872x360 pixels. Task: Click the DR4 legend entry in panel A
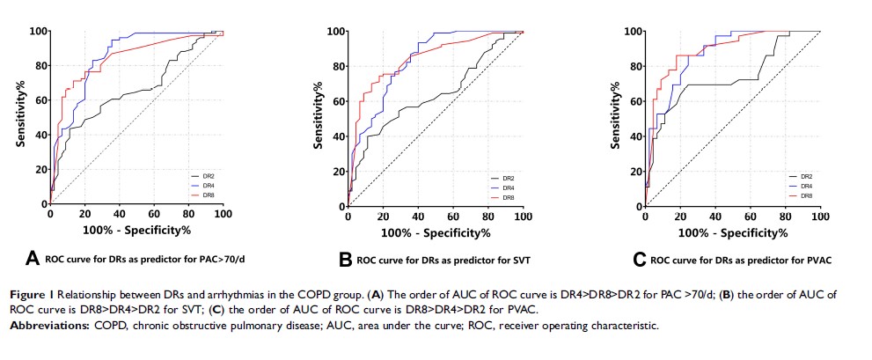click(208, 186)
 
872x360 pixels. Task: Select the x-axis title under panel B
click(435, 232)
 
